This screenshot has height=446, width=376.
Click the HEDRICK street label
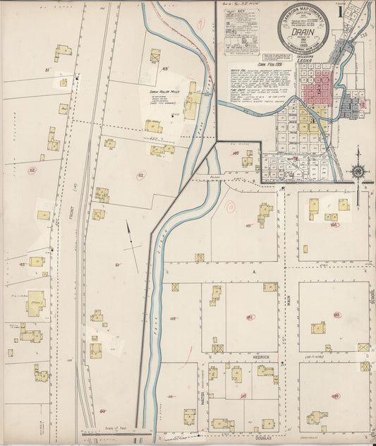pyautogui.click(x=262, y=358)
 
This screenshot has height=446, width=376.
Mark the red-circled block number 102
pyautogui.click(x=250, y=318)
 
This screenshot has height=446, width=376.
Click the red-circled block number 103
pyautogui.click(x=336, y=315)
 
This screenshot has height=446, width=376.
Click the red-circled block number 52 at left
pyautogui.click(x=32, y=170)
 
